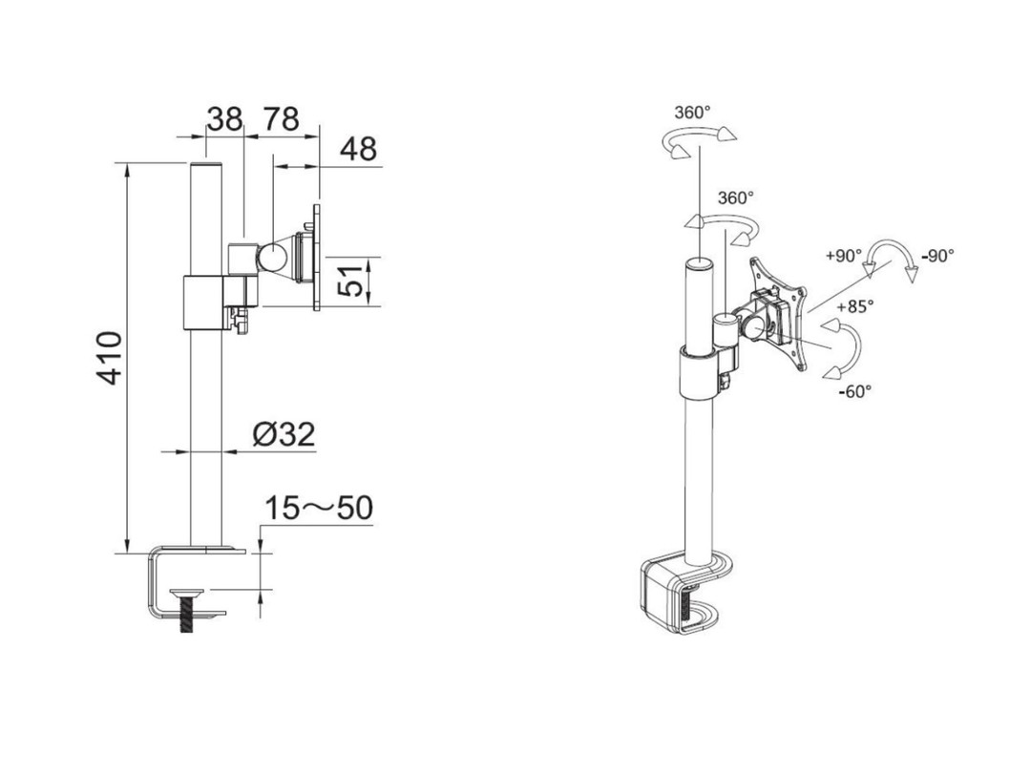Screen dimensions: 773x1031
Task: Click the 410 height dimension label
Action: coord(112,358)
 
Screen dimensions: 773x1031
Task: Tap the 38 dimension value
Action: coord(225,119)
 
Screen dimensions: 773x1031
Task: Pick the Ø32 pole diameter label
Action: coord(284,435)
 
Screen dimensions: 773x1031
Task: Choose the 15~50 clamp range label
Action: coord(319,509)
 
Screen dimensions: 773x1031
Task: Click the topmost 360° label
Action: coord(692,112)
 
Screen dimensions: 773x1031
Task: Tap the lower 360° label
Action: coord(735,198)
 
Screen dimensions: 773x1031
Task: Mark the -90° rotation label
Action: coord(937,256)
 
